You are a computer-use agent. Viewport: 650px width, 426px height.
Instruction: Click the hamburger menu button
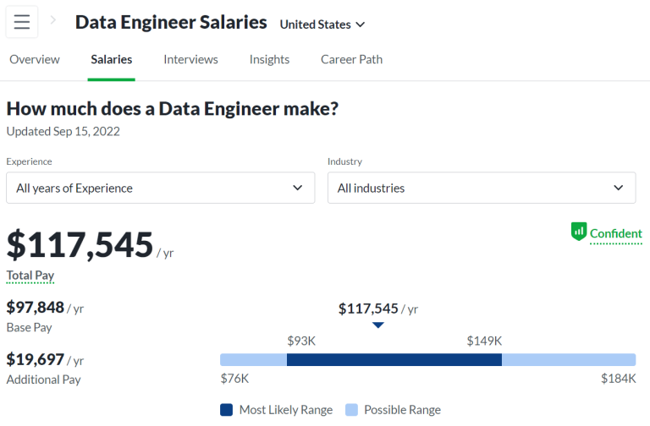pyautogui.click(x=22, y=23)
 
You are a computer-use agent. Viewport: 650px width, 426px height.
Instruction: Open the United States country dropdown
pyautogui.click(x=322, y=25)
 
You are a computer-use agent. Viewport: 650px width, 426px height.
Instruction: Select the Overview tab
pyautogui.click(x=35, y=59)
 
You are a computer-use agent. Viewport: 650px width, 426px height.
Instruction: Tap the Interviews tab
pyautogui.click(x=190, y=59)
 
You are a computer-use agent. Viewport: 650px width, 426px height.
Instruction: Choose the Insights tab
pyautogui.click(x=269, y=59)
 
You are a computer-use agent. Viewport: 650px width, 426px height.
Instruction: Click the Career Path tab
pyautogui.click(x=351, y=59)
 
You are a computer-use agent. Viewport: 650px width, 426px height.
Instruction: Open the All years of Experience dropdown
pyautogui.click(x=160, y=188)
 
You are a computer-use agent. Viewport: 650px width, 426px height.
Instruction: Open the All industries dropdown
pyautogui.click(x=482, y=188)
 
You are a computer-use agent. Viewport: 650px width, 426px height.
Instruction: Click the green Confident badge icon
pyautogui.click(x=579, y=231)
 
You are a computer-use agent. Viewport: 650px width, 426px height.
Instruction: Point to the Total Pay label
pyautogui.click(x=30, y=276)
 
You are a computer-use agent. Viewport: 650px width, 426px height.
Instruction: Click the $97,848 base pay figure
pyautogui.click(x=36, y=308)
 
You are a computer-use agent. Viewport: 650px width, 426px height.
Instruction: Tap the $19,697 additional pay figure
pyautogui.click(x=36, y=360)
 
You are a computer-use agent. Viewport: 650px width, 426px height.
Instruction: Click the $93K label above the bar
pyautogui.click(x=301, y=341)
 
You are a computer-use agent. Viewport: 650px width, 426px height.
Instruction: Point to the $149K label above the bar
pyautogui.click(x=484, y=341)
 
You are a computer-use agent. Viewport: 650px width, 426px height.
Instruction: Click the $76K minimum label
pyautogui.click(x=234, y=379)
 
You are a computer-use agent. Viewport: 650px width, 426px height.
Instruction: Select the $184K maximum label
pyautogui.click(x=618, y=379)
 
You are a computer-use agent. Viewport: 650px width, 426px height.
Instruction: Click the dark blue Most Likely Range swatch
pyautogui.click(x=227, y=410)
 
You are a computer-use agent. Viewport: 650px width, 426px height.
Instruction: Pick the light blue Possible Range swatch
pyautogui.click(x=352, y=410)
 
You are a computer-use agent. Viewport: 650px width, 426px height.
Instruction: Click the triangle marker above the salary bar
pyautogui.click(x=378, y=325)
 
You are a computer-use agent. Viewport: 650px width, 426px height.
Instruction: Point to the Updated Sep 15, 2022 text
pyautogui.click(x=63, y=131)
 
